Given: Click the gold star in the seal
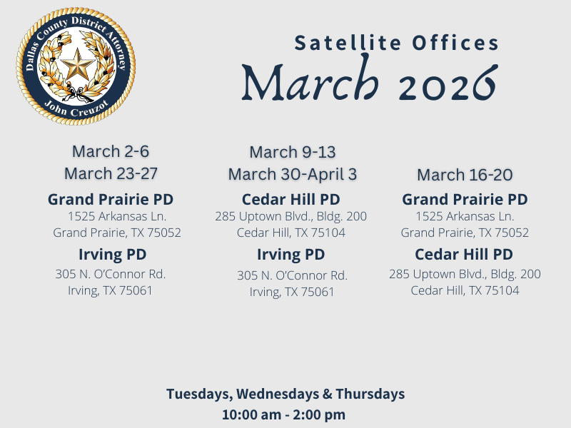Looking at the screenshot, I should [76, 67].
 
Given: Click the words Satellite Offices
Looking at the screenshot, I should [397, 44].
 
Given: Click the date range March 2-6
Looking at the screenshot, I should [110, 151].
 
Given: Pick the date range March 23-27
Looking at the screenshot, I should [111, 173].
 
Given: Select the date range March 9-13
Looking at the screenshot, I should [293, 152].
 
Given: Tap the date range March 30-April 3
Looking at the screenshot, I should [293, 174].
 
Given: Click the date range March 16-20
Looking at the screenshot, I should [465, 175].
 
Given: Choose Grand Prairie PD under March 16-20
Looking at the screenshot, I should [465, 199].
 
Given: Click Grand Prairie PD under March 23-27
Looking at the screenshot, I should [111, 199].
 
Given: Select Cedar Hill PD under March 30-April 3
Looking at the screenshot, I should [291, 199].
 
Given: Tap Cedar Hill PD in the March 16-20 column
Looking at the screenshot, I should [464, 255].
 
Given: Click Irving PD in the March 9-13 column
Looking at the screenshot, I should [291, 255].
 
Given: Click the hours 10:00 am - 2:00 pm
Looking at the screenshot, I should [285, 414].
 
